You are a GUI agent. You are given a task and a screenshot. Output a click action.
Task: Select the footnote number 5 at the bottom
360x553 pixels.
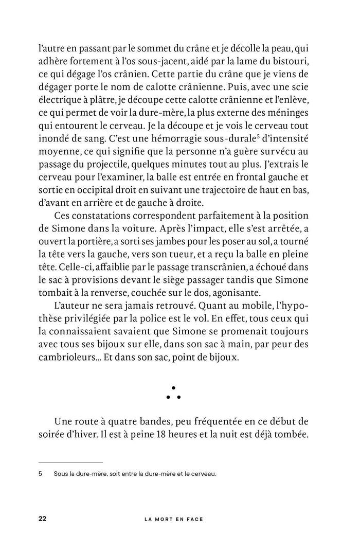point(40,474)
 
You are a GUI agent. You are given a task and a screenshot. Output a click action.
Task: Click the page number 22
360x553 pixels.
point(43,519)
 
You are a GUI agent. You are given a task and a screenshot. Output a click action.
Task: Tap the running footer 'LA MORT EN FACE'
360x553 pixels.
point(174,519)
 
